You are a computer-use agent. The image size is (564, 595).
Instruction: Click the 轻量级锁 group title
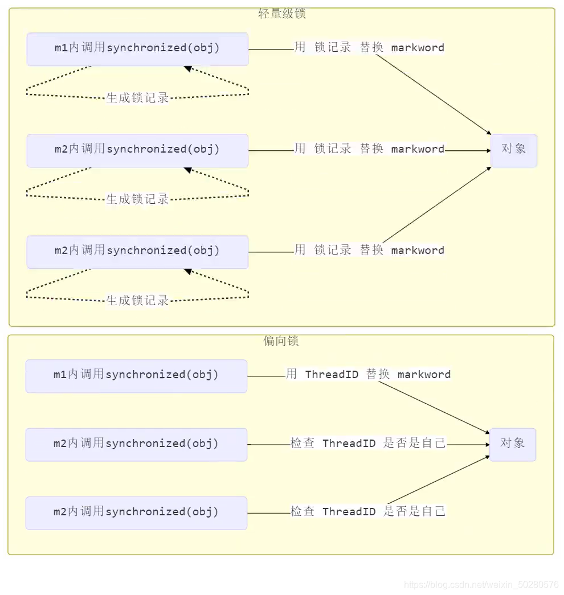tap(282, 14)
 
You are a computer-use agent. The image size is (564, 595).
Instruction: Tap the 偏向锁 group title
tap(281, 341)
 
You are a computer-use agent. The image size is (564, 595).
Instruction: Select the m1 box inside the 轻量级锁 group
tap(137, 49)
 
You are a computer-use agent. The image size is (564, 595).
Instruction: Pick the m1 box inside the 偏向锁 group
tap(136, 376)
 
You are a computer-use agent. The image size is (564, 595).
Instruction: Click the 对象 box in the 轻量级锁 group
tap(513, 150)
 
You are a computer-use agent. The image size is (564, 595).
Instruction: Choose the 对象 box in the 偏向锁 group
tap(512, 444)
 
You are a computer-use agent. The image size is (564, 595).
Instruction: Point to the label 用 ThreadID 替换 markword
tap(368, 375)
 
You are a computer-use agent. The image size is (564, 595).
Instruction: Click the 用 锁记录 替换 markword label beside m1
tap(369, 48)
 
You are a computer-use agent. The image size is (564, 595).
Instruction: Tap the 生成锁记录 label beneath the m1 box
tap(138, 98)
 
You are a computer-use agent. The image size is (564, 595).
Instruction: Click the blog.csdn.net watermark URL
tap(481, 585)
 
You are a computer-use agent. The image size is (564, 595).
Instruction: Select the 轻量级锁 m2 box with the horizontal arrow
tap(137, 150)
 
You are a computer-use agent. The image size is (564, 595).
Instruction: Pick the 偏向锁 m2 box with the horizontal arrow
tap(136, 444)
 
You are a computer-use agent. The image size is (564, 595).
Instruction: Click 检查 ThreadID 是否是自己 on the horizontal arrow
tap(368, 444)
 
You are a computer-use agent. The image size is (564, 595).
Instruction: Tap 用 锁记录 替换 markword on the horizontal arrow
tap(369, 149)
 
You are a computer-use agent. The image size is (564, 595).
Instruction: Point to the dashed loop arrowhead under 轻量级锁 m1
tap(187, 69)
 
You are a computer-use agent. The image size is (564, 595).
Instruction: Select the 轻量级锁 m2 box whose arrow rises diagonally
tap(137, 252)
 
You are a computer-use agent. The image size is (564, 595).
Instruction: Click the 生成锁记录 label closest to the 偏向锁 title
tap(138, 301)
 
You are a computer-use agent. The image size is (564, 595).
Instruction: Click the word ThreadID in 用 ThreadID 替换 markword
tap(332, 375)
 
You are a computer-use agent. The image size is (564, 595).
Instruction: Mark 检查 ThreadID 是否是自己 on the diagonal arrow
tap(368, 512)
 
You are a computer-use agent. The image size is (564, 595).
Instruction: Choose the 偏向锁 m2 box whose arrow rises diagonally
tap(136, 512)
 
